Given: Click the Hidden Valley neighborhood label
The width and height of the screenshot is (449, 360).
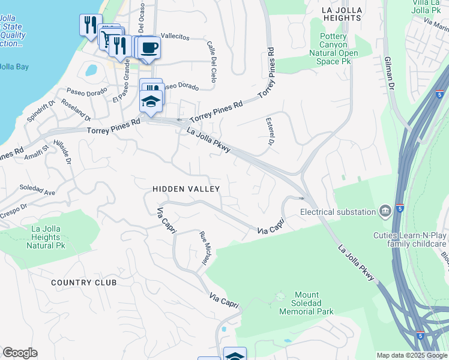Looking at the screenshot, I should [186, 189].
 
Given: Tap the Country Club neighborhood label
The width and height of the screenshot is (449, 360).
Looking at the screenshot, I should [83, 283].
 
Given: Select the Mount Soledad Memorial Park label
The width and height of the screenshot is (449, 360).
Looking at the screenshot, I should [306, 303].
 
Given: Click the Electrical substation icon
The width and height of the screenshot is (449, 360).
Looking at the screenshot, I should [384, 211].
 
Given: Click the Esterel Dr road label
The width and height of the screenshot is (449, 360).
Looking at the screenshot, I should [269, 131].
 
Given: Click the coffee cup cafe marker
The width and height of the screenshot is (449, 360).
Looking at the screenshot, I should [149, 47].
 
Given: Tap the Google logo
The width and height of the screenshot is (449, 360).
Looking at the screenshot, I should [20, 353].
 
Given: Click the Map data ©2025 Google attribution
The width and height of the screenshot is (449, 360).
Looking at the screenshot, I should [412, 355].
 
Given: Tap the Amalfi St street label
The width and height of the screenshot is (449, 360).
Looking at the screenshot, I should [37, 151].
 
